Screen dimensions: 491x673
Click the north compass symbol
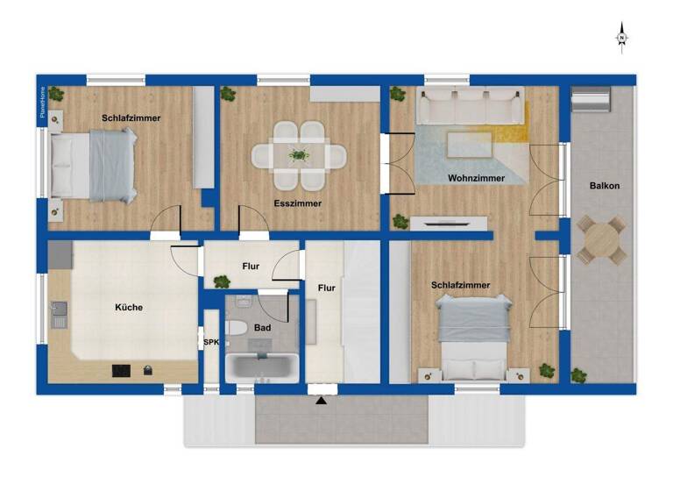621,38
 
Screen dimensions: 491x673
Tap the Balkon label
605,186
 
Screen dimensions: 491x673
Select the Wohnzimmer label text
476,178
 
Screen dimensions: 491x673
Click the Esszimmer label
298,203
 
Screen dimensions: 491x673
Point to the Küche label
128,308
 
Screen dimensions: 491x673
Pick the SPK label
210,343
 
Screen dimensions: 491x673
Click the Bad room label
262,327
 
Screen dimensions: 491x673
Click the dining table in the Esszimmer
299,156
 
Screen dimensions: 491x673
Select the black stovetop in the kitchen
121,371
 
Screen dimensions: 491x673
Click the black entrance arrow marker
322,401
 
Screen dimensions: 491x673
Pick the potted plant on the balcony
578,374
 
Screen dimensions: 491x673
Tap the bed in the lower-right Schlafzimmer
474,337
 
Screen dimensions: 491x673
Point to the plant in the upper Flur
221,281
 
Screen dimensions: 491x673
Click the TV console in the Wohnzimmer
449,223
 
